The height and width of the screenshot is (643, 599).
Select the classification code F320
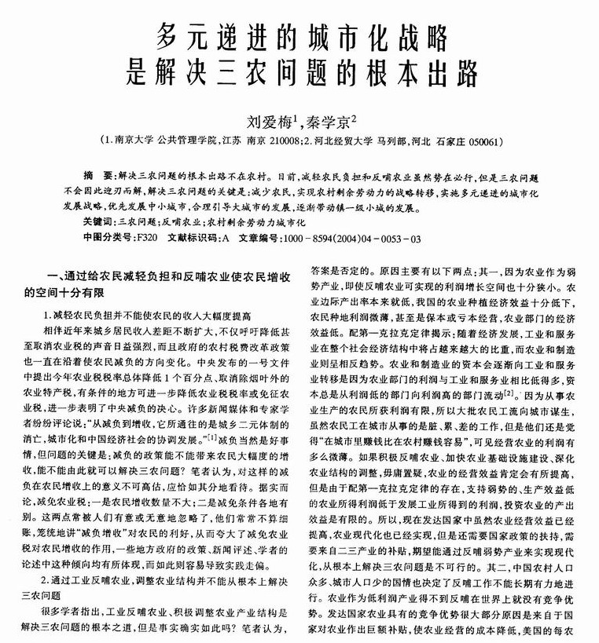coord(148,236)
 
